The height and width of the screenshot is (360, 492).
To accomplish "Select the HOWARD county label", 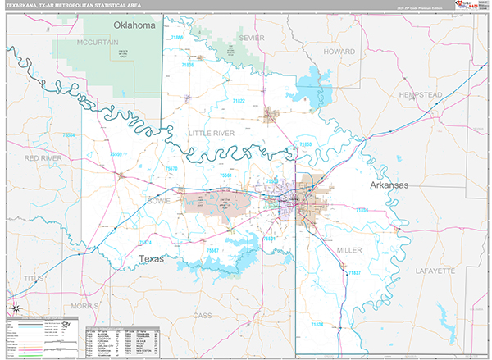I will (x=339, y=51).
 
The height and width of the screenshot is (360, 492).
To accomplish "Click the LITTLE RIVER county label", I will (x=211, y=132).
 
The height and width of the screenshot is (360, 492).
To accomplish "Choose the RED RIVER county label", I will (x=43, y=157).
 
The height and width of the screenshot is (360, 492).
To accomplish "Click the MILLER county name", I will (x=349, y=248).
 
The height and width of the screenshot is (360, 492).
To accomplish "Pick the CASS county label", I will (x=203, y=314).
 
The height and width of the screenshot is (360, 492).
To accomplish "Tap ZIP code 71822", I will (x=239, y=100).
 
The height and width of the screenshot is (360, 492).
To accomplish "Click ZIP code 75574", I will (x=144, y=243).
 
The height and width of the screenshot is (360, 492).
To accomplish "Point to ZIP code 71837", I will (x=354, y=272).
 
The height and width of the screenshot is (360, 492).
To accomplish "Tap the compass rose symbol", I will (x=14, y=311).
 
